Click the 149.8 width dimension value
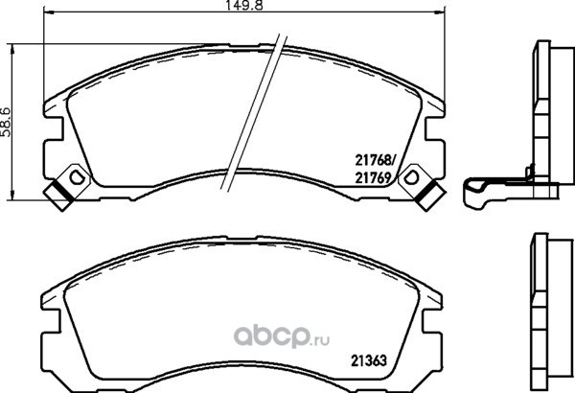(x=244, y=5)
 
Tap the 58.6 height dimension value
(x=7, y=122)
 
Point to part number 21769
(x=372, y=178)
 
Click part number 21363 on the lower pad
(x=369, y=360)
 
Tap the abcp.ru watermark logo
(x=282, y=335)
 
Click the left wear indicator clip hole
(x=77, y=177)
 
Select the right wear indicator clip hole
(x=411, y=177)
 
